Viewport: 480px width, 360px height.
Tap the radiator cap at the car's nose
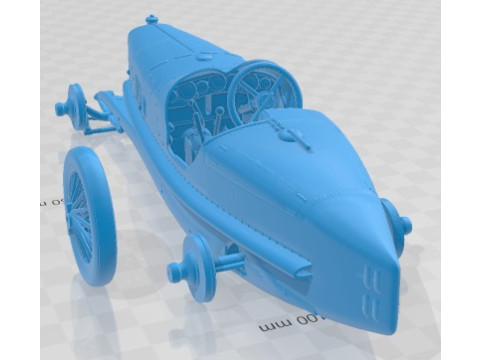click(152, 19)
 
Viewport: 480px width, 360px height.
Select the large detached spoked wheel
click(89, 215)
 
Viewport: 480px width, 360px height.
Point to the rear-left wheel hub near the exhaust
click(196, 267)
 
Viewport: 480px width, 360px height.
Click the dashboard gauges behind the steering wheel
click(195, 95)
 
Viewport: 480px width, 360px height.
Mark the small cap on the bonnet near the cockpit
click(152, 19)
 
